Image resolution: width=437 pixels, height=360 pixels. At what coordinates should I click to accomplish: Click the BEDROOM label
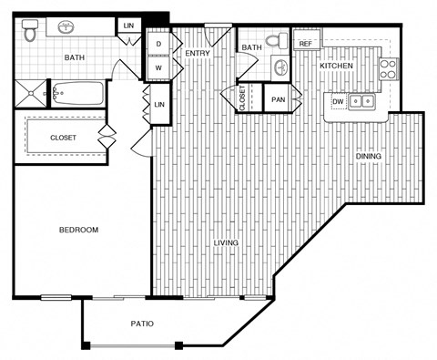tap(79, 230)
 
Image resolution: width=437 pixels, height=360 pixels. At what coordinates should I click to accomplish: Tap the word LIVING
tap(227, 243)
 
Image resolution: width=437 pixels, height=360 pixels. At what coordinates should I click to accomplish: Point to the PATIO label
tap(140, 324)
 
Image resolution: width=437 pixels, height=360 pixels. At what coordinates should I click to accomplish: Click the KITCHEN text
tap(336, 67)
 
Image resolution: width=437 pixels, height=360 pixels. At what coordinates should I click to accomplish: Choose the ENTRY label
tap(198, 53)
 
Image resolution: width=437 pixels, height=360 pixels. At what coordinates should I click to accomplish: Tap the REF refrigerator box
tap(305, 43)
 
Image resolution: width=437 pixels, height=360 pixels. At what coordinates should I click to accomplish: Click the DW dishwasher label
tap(338, 101)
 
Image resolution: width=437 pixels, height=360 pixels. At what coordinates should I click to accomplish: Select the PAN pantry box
tap(278, 98)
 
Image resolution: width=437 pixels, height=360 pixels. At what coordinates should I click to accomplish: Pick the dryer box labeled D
tap(158, 44)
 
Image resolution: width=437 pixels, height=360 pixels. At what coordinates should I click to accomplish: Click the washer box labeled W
tap(158, 67)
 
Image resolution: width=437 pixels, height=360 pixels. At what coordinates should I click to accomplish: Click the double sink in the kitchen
tap(362, 102)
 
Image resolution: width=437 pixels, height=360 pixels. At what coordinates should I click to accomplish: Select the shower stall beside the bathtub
tap(31, 93)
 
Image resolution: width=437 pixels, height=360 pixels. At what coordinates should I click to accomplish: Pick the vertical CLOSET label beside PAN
tap(242, 98)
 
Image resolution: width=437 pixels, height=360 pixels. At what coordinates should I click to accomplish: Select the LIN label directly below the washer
tap(158, 104)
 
